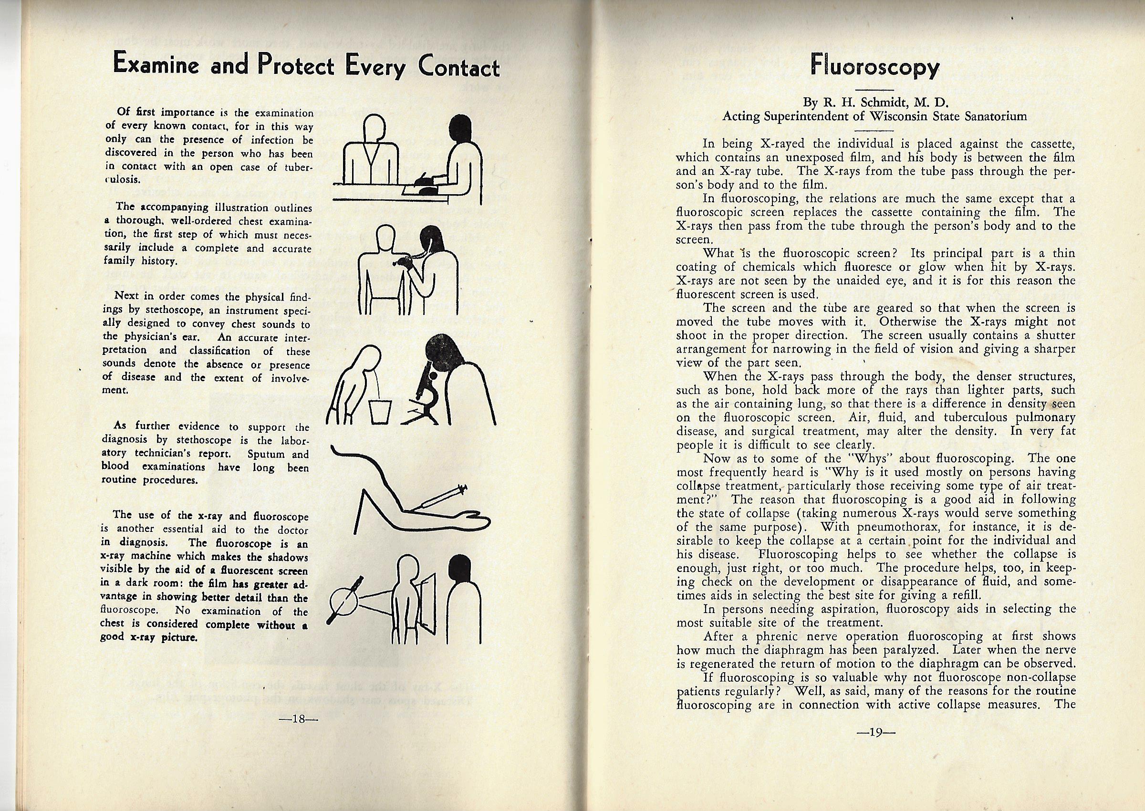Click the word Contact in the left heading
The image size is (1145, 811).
coord(459,67)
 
